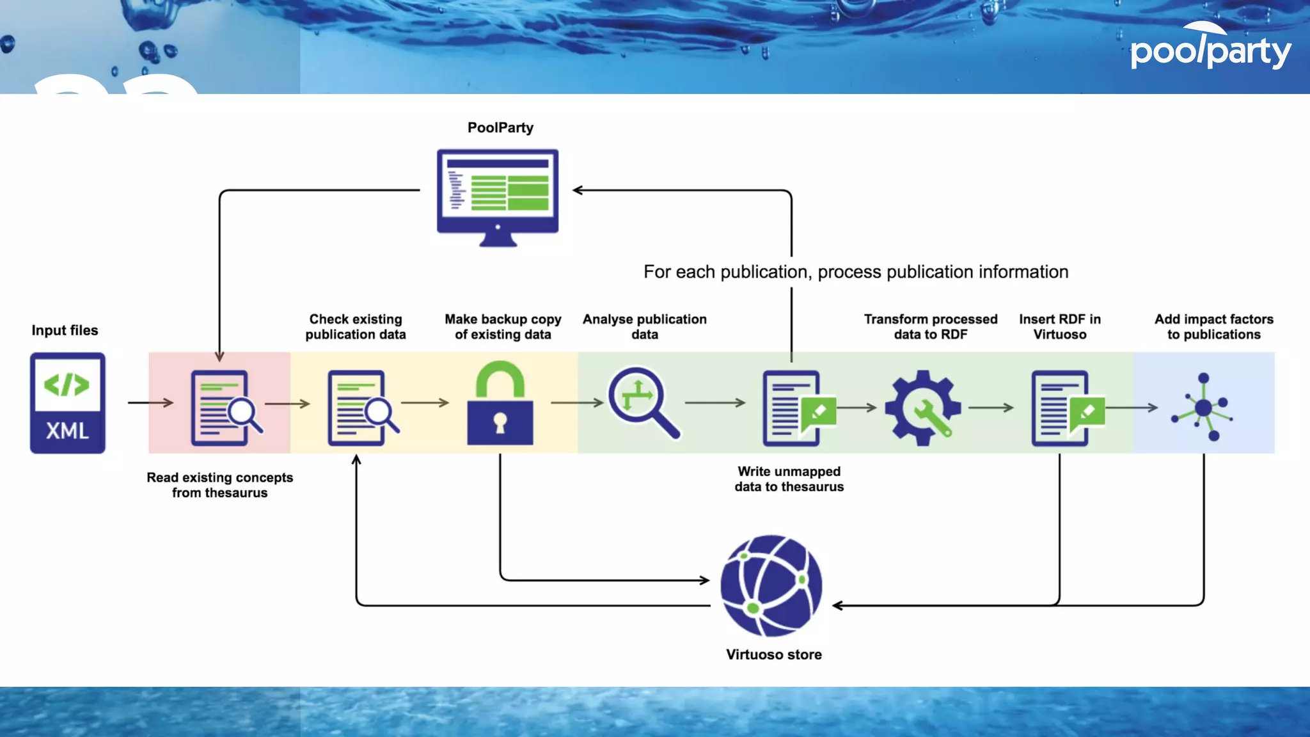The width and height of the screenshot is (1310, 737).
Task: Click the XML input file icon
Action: tap(67, 402)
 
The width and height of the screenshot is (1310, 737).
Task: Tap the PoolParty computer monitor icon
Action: tap(498, 196)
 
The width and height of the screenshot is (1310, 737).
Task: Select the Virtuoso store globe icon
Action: tap(771, 585)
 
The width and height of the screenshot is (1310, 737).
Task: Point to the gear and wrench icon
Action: tap(922, 408)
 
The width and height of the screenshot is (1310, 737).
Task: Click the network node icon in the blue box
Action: tap(1203, 407)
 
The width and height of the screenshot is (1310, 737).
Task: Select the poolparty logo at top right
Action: tap(1210, 48)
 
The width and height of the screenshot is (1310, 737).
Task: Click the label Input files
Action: tap(65, 330)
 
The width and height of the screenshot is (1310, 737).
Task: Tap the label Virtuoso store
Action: tap(773, 654)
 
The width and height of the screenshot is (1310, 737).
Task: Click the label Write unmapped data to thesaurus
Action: tap(789, 479)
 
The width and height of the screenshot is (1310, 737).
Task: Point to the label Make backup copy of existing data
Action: tap(503, 326)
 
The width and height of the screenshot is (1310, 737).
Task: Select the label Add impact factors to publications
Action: tap(1213, 326)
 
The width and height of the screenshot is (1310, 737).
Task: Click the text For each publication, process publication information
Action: tap(855, 272)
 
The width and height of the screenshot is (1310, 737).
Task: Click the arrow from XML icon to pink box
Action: tap(150, 402)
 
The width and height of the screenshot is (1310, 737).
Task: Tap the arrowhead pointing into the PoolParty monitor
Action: tap(578, 190)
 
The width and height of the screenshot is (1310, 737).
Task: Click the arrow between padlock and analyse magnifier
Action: tap(576, 402)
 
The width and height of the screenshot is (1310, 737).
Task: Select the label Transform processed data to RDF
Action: tap(930, 326)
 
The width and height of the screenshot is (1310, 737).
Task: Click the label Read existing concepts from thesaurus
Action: tap(219, 485)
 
